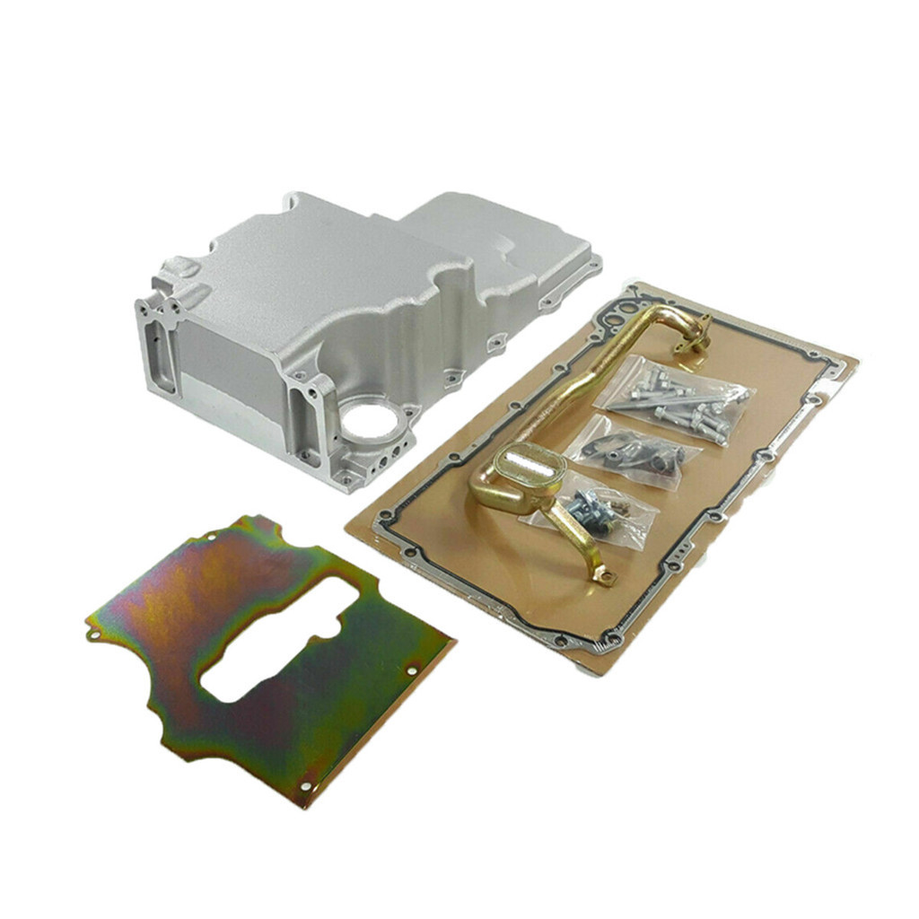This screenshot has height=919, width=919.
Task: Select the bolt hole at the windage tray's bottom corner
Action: click(x=307, y=786)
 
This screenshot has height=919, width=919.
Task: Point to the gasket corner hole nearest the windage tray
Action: click(x=385, y=517)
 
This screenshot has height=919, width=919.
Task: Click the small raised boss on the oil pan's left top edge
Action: click(x=183, y=267)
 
